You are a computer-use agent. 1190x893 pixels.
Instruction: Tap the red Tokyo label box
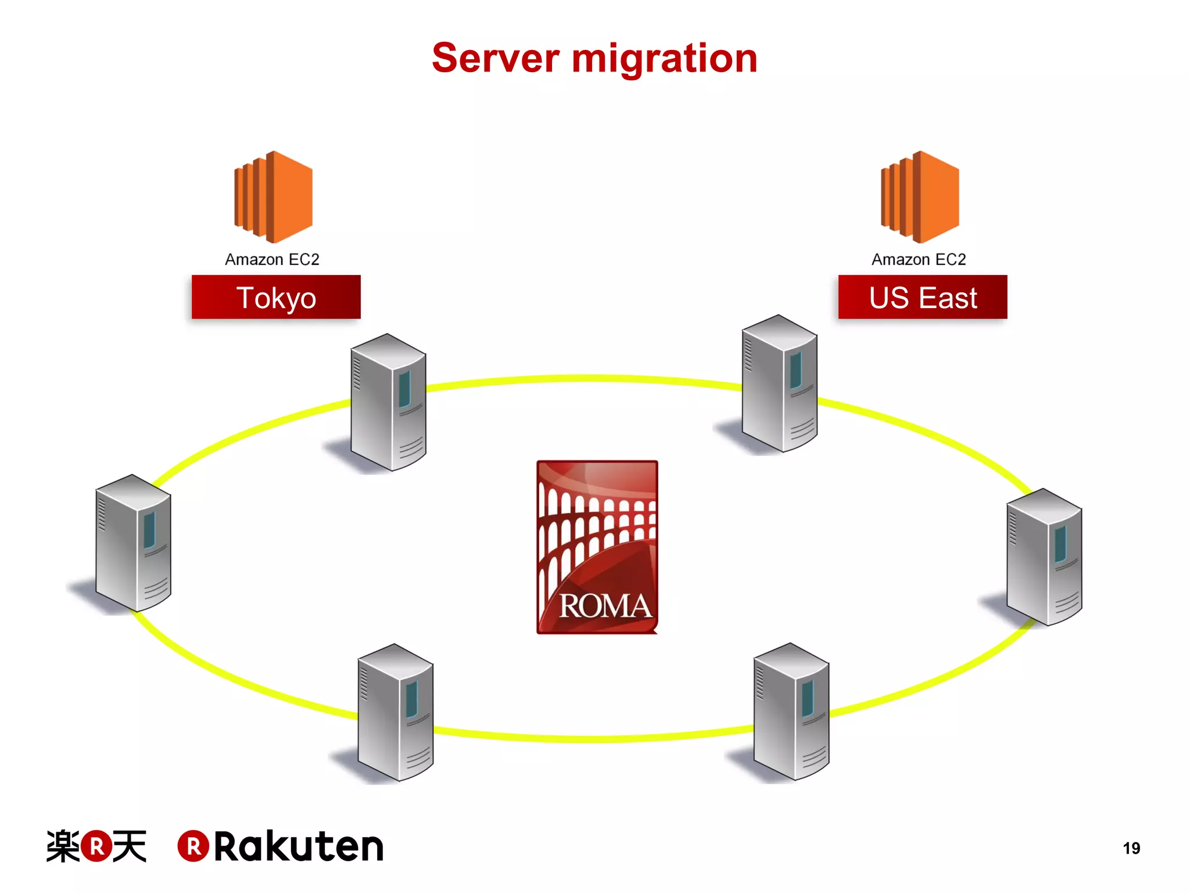(x=276, y=297)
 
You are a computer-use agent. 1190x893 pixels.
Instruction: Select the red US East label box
(x=922, y=297)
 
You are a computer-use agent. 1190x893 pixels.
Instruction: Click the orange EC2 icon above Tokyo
(x=273, y=197)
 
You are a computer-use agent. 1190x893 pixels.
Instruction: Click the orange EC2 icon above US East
(x=920, y=197)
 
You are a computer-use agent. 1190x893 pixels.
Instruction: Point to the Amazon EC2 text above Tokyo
(x=272, y=259)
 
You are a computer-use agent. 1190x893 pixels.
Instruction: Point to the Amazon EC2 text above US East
(x=919, y=259)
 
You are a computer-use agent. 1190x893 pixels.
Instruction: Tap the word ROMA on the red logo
(x=604, y=606)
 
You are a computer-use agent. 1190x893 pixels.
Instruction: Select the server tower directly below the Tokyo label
(x=388, y=402)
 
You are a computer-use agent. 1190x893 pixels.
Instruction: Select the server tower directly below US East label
(x=779, y=384)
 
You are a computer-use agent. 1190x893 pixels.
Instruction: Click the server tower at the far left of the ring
(x=133, y=543)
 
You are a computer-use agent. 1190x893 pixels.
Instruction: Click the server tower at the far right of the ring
(x=1044, y=557)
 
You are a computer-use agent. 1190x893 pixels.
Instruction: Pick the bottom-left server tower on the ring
(x=395, y=712)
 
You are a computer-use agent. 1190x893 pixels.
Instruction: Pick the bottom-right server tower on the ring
(x=791, y=712)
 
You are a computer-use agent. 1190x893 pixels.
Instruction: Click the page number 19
(x=1131, y=848)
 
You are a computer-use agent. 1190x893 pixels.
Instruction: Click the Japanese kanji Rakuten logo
(x=96, y=846)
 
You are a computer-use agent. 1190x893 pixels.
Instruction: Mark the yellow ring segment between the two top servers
(x=584, y=378)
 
